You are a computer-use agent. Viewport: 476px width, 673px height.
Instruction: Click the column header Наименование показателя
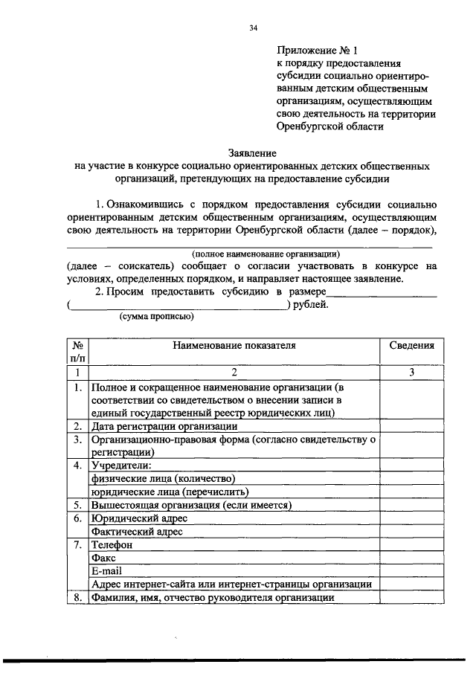click(x=234, y=345)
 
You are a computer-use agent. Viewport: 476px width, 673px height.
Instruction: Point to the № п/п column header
click(x=77, y=352)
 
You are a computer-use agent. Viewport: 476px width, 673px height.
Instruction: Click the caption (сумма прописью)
click(x=156, y=316)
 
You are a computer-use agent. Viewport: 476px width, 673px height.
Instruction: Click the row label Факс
click(x=103, y=558)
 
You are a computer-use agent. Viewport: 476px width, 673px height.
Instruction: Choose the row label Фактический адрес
click(x=136, y=532)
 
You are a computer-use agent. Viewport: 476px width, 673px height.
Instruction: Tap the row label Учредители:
click(x=120, y=466)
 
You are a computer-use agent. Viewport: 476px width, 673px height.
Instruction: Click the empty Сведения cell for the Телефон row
click(x=411, y=545)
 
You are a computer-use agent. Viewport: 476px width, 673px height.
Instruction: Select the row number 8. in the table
click(x=77, y=597)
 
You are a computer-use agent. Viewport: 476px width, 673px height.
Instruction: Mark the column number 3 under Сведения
click(x=411, y=372)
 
